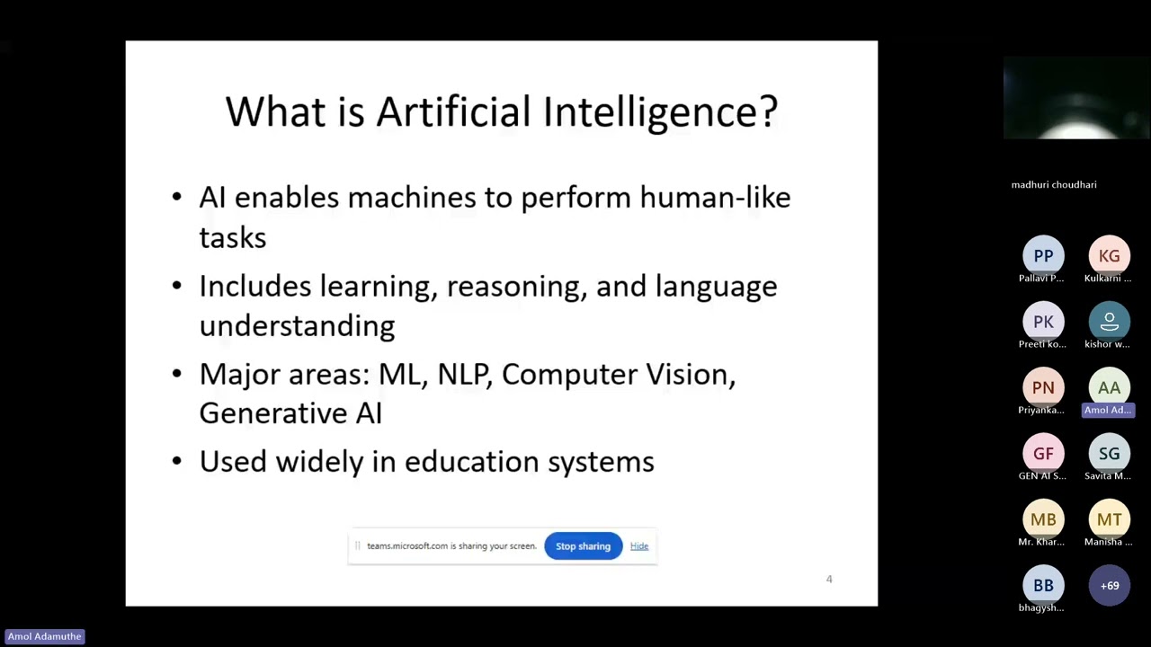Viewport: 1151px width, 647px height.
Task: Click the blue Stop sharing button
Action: point(583,546)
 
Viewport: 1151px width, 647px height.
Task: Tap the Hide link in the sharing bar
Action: point(639,546)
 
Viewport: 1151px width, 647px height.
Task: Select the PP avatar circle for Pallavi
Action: point(1043,256)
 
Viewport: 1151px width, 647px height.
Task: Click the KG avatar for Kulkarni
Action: point(1109,256)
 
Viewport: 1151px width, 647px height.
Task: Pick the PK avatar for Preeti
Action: point(1043,322)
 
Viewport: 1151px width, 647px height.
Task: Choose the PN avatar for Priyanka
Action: point(1043,387)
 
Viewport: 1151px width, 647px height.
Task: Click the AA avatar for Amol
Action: point(1109,387)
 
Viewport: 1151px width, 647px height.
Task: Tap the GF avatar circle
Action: point(1043,454)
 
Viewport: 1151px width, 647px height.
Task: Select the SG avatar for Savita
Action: point(1109,454)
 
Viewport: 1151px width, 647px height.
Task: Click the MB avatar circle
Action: point(1043,519)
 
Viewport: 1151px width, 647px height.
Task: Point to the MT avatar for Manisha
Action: point(1109,519)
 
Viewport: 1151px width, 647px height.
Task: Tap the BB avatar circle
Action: point(1043,585)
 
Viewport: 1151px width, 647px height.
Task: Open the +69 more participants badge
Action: point(1109,585)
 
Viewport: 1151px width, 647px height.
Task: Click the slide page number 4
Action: point(829,580)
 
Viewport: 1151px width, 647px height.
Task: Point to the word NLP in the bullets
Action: point(464,375)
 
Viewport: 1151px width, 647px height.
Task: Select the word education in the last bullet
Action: point(471,462)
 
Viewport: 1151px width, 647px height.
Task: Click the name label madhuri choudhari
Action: point(1054,185)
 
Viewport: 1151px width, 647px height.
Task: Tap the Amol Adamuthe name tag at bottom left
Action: point(44,636)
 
